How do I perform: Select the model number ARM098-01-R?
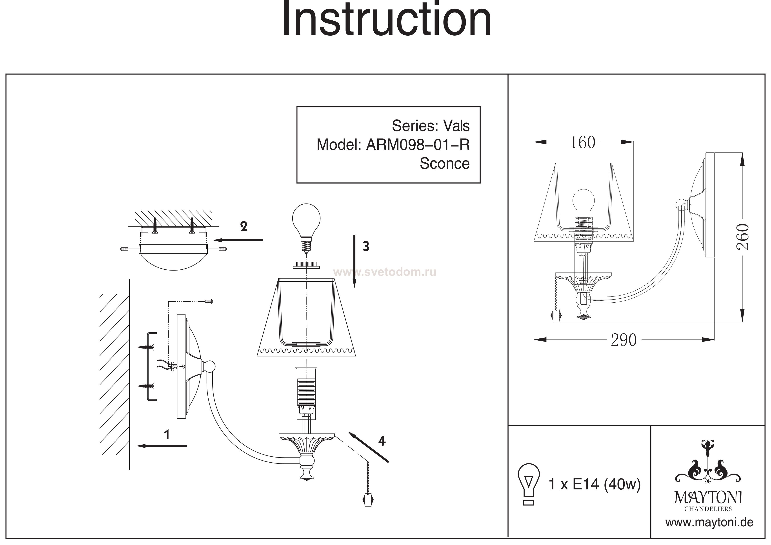click(x=417, y=145)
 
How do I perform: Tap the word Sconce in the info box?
click(x=444, y=163)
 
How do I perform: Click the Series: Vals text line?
click(x=431, y=126)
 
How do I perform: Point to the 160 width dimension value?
click(x=583, y=142)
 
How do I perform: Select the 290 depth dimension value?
click(x=624, y=340)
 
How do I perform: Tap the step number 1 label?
click(x=167, y=435)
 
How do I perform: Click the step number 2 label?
click(x=244, y=227)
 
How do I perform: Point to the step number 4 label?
click(x=382, y=441)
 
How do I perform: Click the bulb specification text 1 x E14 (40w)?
click(x=594, y=485)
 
